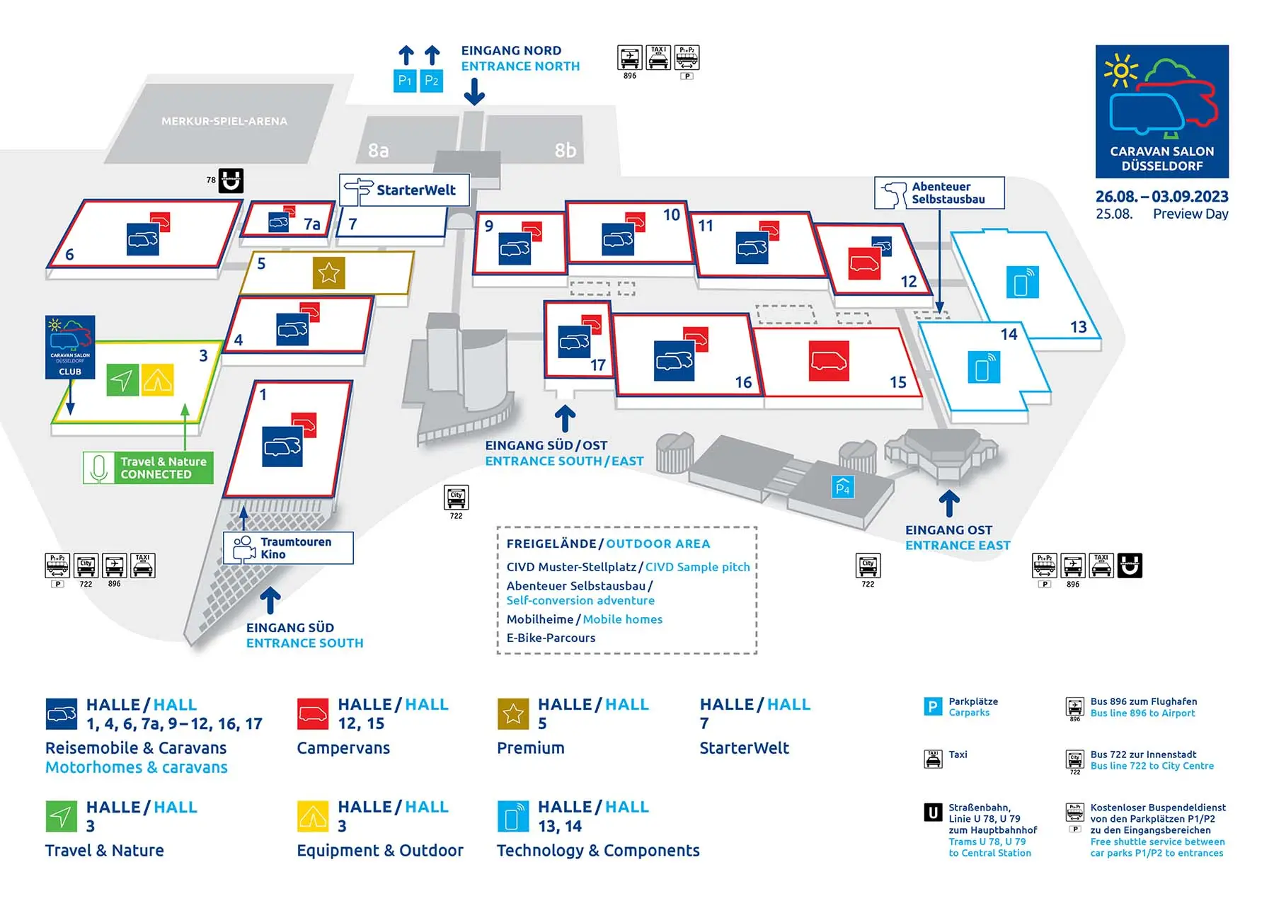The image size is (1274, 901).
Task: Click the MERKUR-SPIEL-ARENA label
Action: click(224, 121)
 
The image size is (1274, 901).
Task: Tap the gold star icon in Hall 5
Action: click(328, 272)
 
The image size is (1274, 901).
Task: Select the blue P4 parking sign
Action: click(842, 487)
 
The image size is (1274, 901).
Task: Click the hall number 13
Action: click(1078, 327)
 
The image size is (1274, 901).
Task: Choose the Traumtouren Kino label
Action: click(288, 548)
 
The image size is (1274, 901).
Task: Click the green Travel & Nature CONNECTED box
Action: click(148, 468)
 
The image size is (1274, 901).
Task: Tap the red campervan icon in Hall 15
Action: click(829, 361)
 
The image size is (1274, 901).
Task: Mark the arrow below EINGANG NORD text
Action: click(474, 92)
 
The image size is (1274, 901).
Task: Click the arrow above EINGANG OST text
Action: click(949, 504)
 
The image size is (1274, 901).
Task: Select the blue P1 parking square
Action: click(405, 81)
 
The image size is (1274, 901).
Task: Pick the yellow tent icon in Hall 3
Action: click(157, 380)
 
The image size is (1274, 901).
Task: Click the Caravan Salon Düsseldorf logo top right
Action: click(1161, 111)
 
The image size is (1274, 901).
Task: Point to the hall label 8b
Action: click(565, 150)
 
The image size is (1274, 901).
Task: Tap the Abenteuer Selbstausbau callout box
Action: click(939, 193)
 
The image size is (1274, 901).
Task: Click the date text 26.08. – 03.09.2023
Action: click(1161, 196)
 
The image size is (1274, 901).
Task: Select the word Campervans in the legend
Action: click(343, 748)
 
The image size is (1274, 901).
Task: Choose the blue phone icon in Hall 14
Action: click(984, 367)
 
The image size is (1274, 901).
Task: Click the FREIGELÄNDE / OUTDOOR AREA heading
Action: click(608, 544)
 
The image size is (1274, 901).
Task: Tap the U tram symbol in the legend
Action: click(933, 813)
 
